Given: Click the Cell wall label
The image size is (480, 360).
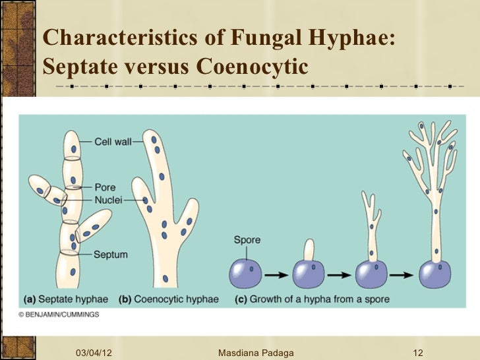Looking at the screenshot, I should pyautogui.click(x=113, y=140).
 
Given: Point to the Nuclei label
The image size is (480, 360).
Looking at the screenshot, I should pyautogui.click(x=108, y=199).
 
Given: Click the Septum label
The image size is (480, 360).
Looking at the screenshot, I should pyautogui.click(x=110, y=253).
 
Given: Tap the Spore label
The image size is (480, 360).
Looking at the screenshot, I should pyautogui.click(x=247, y=240).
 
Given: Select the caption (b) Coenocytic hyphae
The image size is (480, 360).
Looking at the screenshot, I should pyautogui.click(x=168, y=299).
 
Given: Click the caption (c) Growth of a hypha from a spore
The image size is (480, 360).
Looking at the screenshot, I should pyautogui.click(x=312, y=299).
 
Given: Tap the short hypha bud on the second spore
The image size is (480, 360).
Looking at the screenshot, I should pyautogui.click(x=307, y=251).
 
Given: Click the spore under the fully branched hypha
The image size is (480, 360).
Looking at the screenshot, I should pyautogui.click(x=436, y=272).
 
